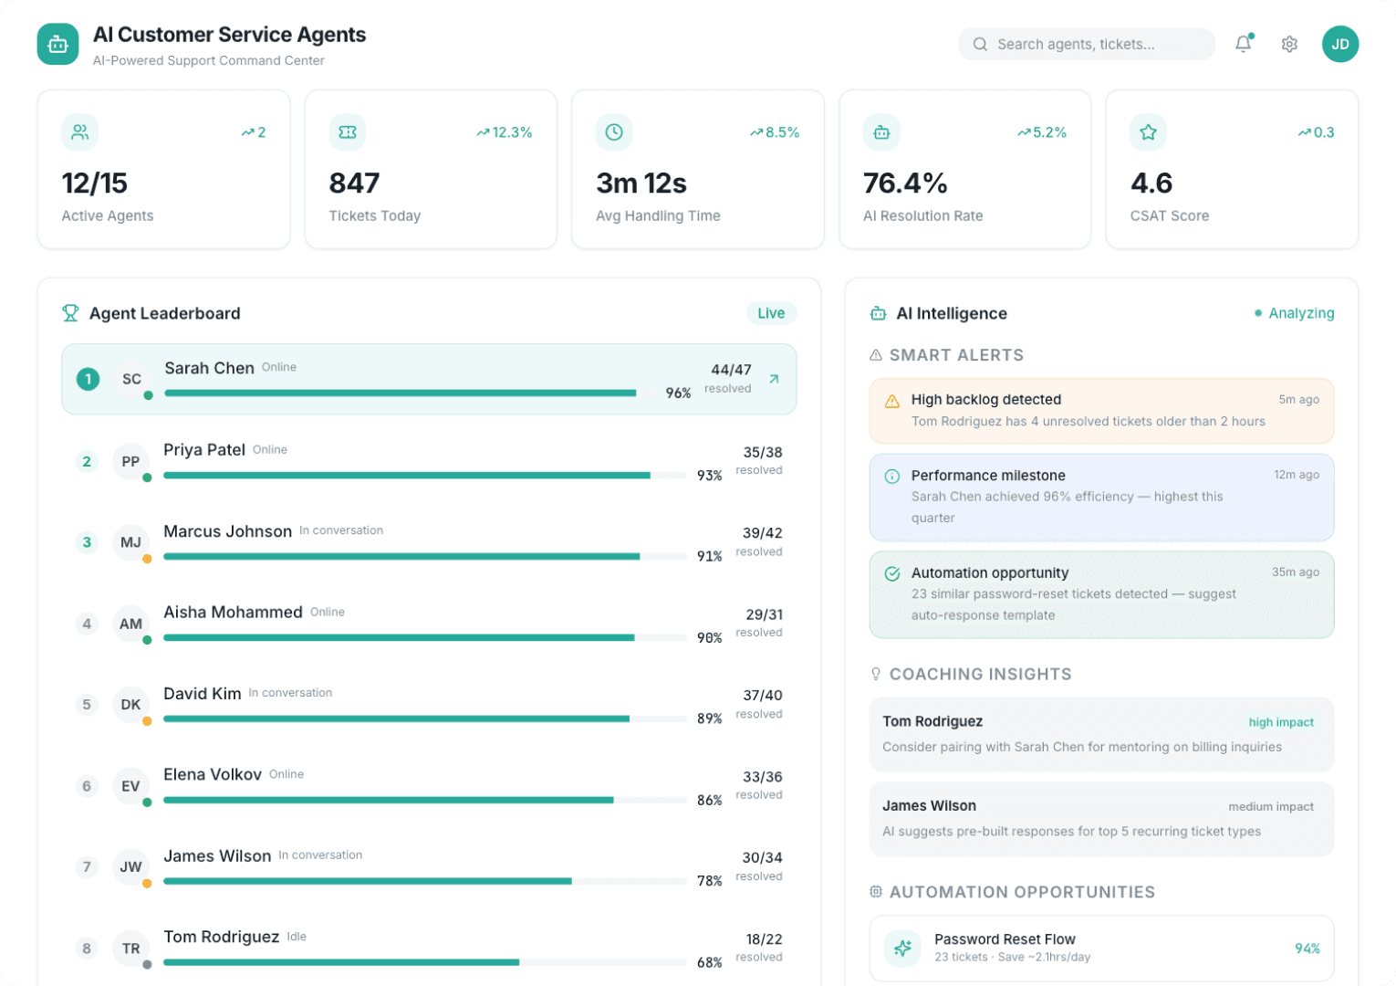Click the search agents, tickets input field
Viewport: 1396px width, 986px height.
[1086, 44]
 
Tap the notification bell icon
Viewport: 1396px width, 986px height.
[1243, 44]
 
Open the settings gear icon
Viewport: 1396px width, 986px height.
[1289, 44]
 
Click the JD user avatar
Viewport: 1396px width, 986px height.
[1339, 44]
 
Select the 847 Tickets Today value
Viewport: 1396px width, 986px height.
[354, 184]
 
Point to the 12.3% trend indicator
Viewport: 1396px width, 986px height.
[505, 132]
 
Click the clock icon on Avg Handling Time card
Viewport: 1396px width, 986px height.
[614, 132]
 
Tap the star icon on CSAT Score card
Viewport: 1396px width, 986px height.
[1148, 132]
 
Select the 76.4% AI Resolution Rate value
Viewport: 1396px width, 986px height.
[905, 184]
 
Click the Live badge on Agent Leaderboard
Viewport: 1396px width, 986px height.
[771, 313]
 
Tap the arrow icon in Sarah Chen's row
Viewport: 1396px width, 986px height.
[774, 379]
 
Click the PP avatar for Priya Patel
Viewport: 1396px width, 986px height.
[130, 461]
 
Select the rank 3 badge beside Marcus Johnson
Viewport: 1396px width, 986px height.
[87, 542]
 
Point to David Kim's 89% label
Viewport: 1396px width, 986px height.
[709, 719]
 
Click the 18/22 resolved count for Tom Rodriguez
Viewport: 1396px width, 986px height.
[764, 939]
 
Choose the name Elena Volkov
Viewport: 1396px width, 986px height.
[213, 774]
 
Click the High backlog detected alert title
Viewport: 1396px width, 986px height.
[985, 399]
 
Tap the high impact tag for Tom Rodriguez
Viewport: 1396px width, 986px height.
[1281, 722]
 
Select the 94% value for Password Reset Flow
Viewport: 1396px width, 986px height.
[1307, 949]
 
